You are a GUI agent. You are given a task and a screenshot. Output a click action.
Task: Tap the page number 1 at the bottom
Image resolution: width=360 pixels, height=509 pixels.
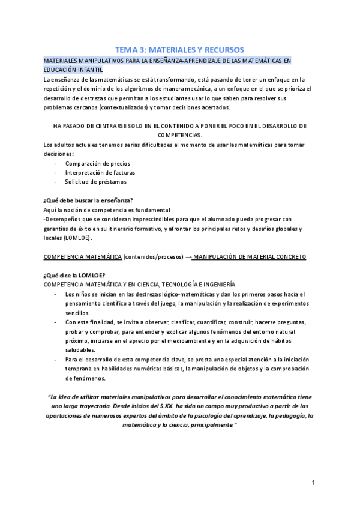313,483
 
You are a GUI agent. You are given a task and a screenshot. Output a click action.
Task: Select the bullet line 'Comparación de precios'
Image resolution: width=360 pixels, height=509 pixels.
98,163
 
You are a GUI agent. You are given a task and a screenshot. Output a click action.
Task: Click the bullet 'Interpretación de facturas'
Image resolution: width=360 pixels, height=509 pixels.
100,172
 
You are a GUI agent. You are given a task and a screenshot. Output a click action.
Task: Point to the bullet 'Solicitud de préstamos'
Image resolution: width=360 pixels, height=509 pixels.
96,182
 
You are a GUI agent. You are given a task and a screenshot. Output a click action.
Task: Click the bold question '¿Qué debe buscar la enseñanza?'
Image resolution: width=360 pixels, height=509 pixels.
88,200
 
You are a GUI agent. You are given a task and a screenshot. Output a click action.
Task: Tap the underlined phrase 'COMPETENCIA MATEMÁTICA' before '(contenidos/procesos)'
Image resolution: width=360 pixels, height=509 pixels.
82,256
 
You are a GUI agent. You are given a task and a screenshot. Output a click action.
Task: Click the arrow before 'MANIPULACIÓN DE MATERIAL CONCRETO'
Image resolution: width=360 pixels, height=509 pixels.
188,256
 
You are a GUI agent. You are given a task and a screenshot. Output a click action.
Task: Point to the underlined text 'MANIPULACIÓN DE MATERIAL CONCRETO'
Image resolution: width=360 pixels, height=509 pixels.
250,256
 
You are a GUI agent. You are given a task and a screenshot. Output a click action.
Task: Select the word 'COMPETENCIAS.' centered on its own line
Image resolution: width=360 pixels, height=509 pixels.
180,136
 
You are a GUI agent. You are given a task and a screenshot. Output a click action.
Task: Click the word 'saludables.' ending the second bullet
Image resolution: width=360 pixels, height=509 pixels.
80,350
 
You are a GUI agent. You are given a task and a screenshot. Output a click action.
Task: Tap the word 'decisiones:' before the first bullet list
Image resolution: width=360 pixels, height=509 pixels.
58,154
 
